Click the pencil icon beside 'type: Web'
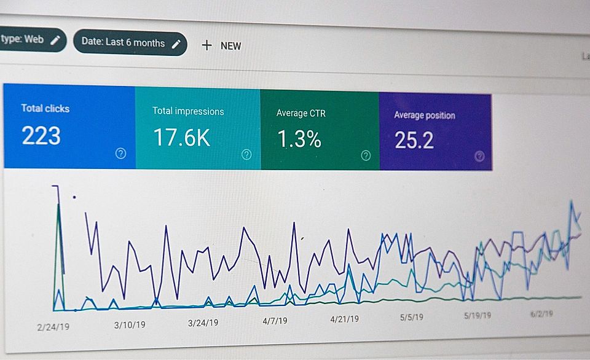tap(55, 40)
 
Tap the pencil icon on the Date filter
tap(176, 43)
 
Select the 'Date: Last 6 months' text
tap(123, 42)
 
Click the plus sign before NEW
tap(206, 45)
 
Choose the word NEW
tap(230, 45)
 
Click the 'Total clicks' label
tap(45, 108)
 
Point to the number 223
tap(41, 136)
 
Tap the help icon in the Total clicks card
tap(120, 154)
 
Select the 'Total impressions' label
tap(188, 111)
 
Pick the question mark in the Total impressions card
tap(246, 155)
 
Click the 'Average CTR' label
tap(301, 113)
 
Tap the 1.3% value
tap(299, 139)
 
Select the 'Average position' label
tap(424, 115)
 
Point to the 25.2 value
tap(414, 141)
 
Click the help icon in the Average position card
tap(479, 156)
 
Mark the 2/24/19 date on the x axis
tap(53, 326)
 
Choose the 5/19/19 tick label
tap(477, 315)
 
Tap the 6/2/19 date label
tap(541, 313)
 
